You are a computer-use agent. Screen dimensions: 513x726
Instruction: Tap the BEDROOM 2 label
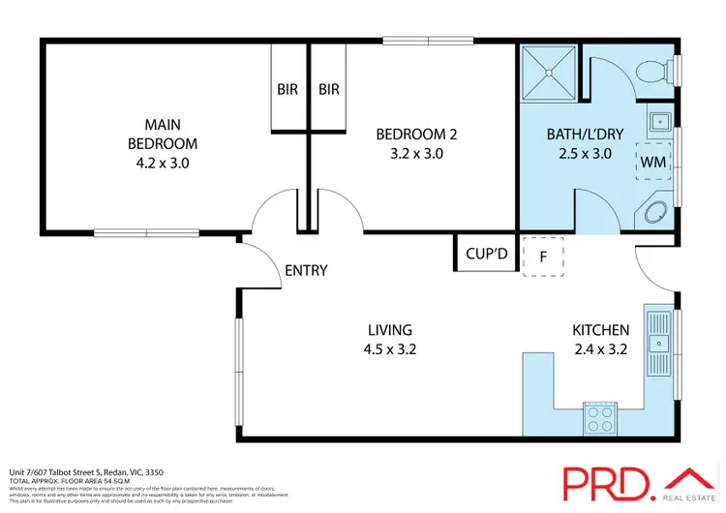409,134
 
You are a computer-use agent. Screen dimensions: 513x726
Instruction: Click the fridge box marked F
543,256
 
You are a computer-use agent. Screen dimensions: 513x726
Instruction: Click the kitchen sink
660,342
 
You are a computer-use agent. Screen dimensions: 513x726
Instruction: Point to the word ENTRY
306,271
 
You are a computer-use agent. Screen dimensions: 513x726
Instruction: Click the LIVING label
390,329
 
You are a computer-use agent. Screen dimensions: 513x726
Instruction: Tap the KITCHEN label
601,330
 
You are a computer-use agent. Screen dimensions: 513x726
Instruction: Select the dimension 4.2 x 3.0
163,163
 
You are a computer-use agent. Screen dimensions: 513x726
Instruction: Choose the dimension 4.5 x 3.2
390,349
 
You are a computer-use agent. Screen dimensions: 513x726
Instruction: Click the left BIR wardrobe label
287,89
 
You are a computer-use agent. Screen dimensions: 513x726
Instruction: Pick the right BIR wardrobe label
329,89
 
